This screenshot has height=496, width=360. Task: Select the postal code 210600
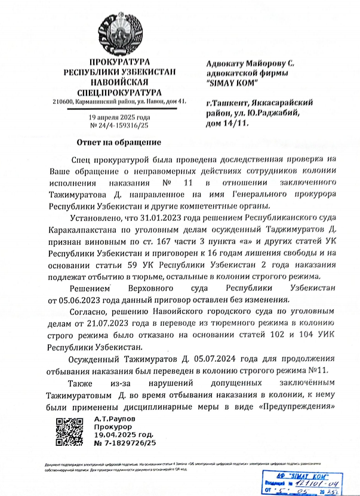coord(64,103)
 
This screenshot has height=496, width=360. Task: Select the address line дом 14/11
coord(227,123)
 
